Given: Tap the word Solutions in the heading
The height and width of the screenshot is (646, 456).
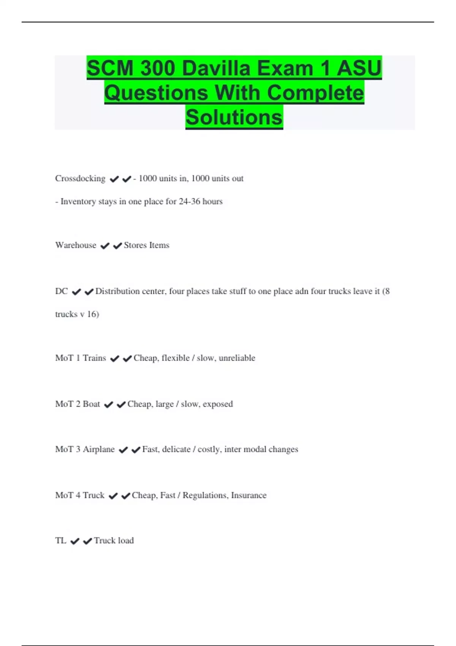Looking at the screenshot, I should pyautogui.click(x=234, y=117).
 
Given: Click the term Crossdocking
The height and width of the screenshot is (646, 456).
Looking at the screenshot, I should pyautogui.click(x=80, y=179).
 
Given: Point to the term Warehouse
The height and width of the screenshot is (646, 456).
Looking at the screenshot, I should pyautogui.click(x=76, y=245).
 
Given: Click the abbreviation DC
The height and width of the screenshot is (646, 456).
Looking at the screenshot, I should pyautogui.click(x=61, y=291).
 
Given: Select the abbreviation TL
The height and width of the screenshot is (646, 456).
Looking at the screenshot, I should pyautogui.click(x=60, y=540).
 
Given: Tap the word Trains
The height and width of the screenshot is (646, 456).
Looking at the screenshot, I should pyautogui.click(x=94, y=358).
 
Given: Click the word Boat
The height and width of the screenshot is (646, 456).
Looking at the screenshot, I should pyautogui.click(x=91, y=404).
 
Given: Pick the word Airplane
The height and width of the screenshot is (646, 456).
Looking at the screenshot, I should pyautogui.click(x=98, y=449).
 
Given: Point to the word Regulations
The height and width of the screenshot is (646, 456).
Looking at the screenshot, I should pyautogui.click(x=205, y=496).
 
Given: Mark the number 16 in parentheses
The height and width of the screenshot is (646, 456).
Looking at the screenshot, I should pyautogui.click(x=92, y=314).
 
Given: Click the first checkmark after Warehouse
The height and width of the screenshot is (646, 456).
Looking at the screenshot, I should pyautogui.click(x=105, y=246).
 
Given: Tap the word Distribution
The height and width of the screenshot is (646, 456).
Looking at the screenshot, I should pyautogui.click(x=117, y=291).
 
